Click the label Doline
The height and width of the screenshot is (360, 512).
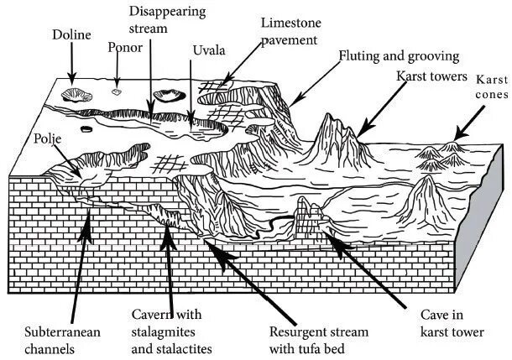[71, 36]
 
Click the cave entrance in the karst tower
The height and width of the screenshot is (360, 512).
[311, 220]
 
